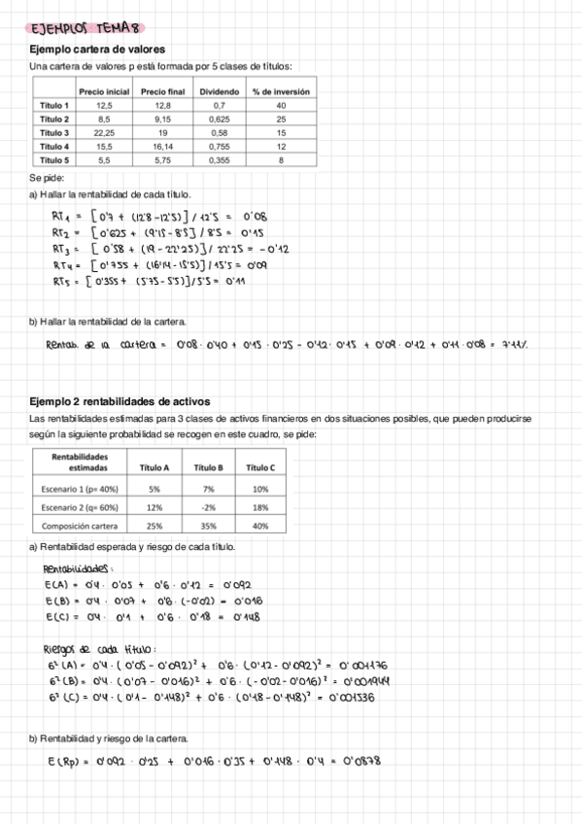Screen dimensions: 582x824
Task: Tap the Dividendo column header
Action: tap(219, 91)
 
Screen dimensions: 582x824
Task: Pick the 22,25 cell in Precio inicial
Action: tap(104, 132)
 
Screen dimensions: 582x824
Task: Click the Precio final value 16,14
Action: tap(162, 146)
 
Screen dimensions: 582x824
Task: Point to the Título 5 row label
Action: tap(53, 159)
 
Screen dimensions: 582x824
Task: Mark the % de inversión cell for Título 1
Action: tap(281, 105)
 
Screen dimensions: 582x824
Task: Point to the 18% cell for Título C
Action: tap(259, 507)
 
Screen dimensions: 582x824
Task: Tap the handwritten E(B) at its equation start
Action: tap(56, 601)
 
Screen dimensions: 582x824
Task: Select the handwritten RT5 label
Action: tap(64, 281)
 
